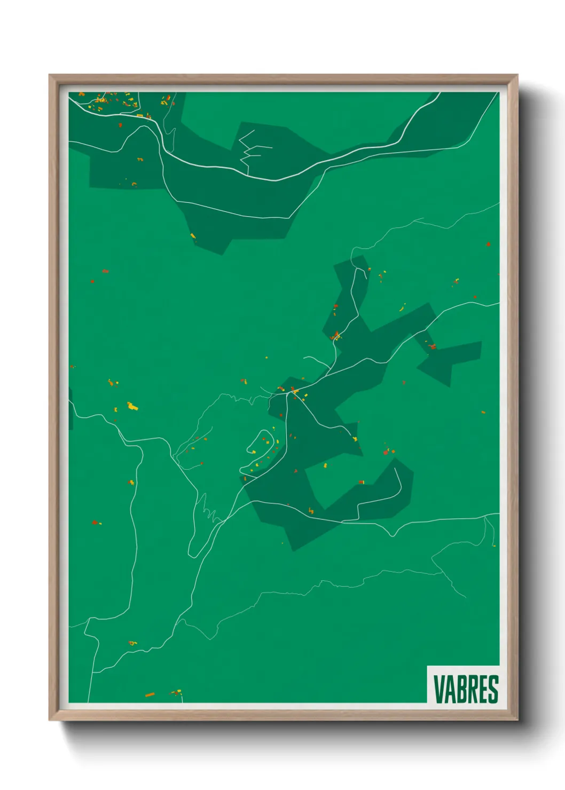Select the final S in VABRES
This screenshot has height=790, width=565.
click(x=493, y=689)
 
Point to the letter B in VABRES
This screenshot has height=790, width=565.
click(x=460, y=689)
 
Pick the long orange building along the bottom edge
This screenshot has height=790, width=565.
click(x=150, y=695)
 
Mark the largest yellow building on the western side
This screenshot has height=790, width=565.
click(x=131, y=406)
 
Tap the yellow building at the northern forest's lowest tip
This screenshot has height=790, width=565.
click(x=193, y=235)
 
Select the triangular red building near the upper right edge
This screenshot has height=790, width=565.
click(x=488, y=244)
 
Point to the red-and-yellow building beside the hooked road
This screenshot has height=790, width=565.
click(x=363, y=482)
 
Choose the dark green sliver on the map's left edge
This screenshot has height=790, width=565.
click(x=70, y=408)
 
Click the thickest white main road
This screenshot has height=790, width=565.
click(x=278, y=179)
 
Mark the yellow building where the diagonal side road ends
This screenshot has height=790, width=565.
click(x=355, y=439)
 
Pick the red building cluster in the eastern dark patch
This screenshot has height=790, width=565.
click(x=431, y=347)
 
